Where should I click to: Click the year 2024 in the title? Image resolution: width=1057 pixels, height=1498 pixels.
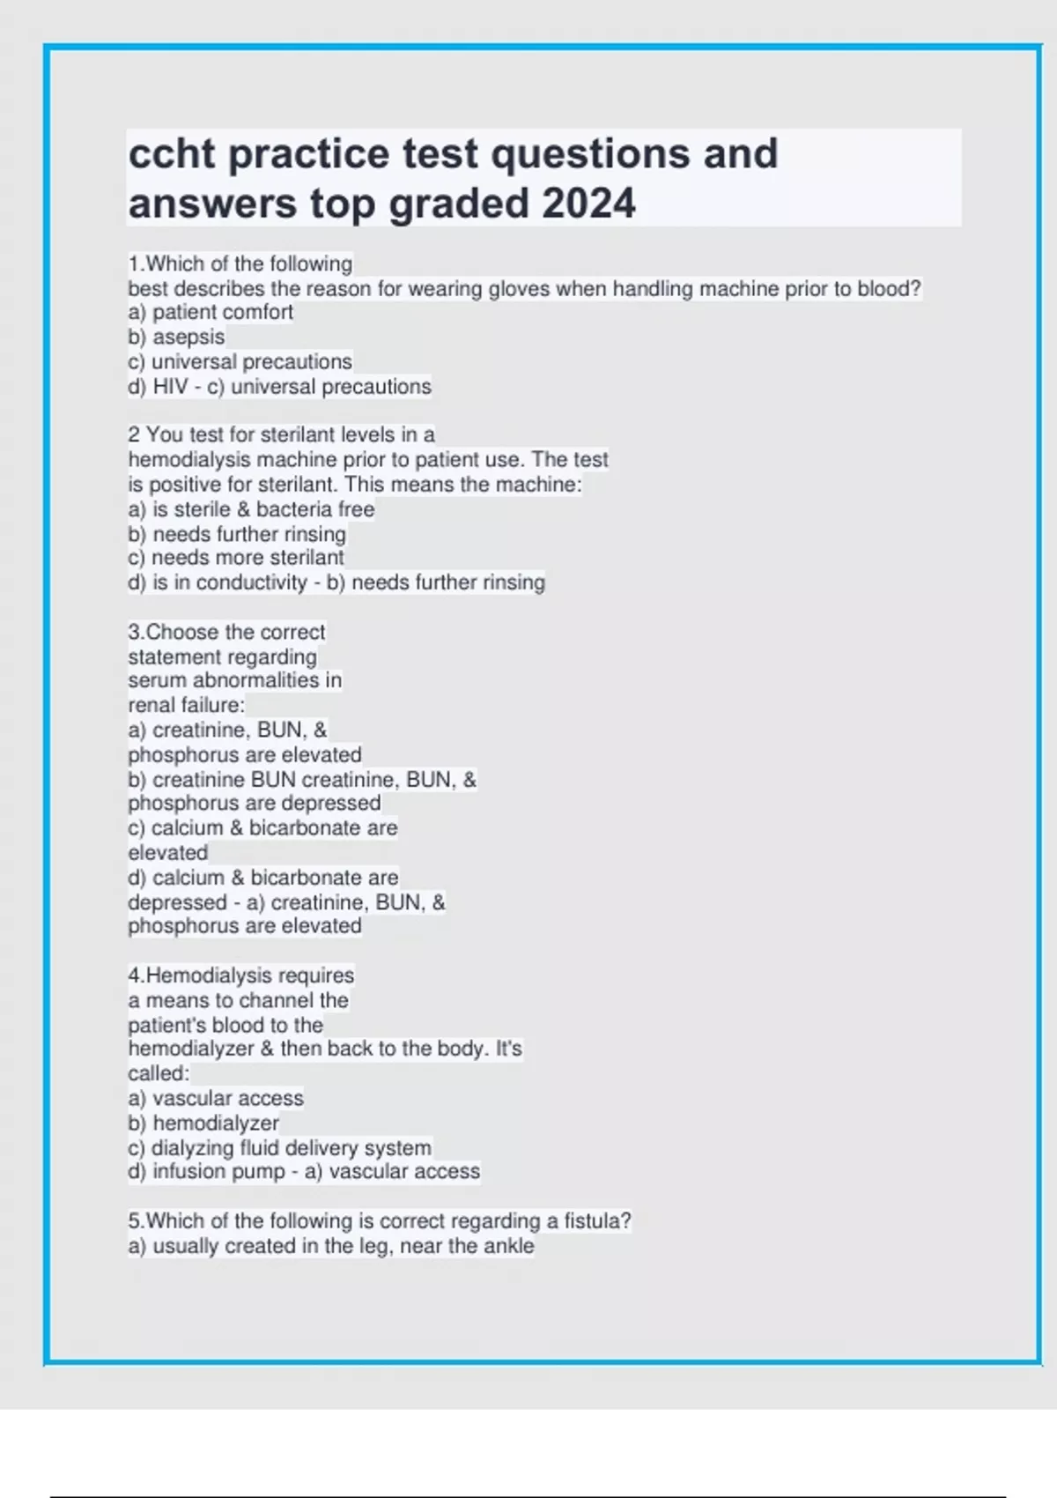(588, 204)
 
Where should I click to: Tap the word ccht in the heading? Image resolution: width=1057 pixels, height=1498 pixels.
(172, 154)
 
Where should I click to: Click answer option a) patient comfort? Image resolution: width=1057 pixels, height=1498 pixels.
(211, 312)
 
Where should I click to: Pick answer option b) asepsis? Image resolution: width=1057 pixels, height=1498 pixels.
(176, 337)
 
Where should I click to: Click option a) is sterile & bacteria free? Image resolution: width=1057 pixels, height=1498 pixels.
(251, 509)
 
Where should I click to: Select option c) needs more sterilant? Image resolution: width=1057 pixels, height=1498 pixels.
(236, 558)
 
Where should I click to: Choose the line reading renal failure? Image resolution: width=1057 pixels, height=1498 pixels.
(186, 705)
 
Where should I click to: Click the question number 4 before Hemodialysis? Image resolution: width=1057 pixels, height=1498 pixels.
(135, 975)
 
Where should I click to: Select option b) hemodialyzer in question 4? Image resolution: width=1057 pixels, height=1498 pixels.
(203, 1123)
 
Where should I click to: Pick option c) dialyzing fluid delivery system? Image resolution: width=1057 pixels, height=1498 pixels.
(280, 1148)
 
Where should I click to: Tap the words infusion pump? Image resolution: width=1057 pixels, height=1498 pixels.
(218, 1171)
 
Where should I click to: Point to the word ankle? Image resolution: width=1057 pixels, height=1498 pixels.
(508, 1246)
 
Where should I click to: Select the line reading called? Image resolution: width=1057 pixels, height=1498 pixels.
(159, 1073)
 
